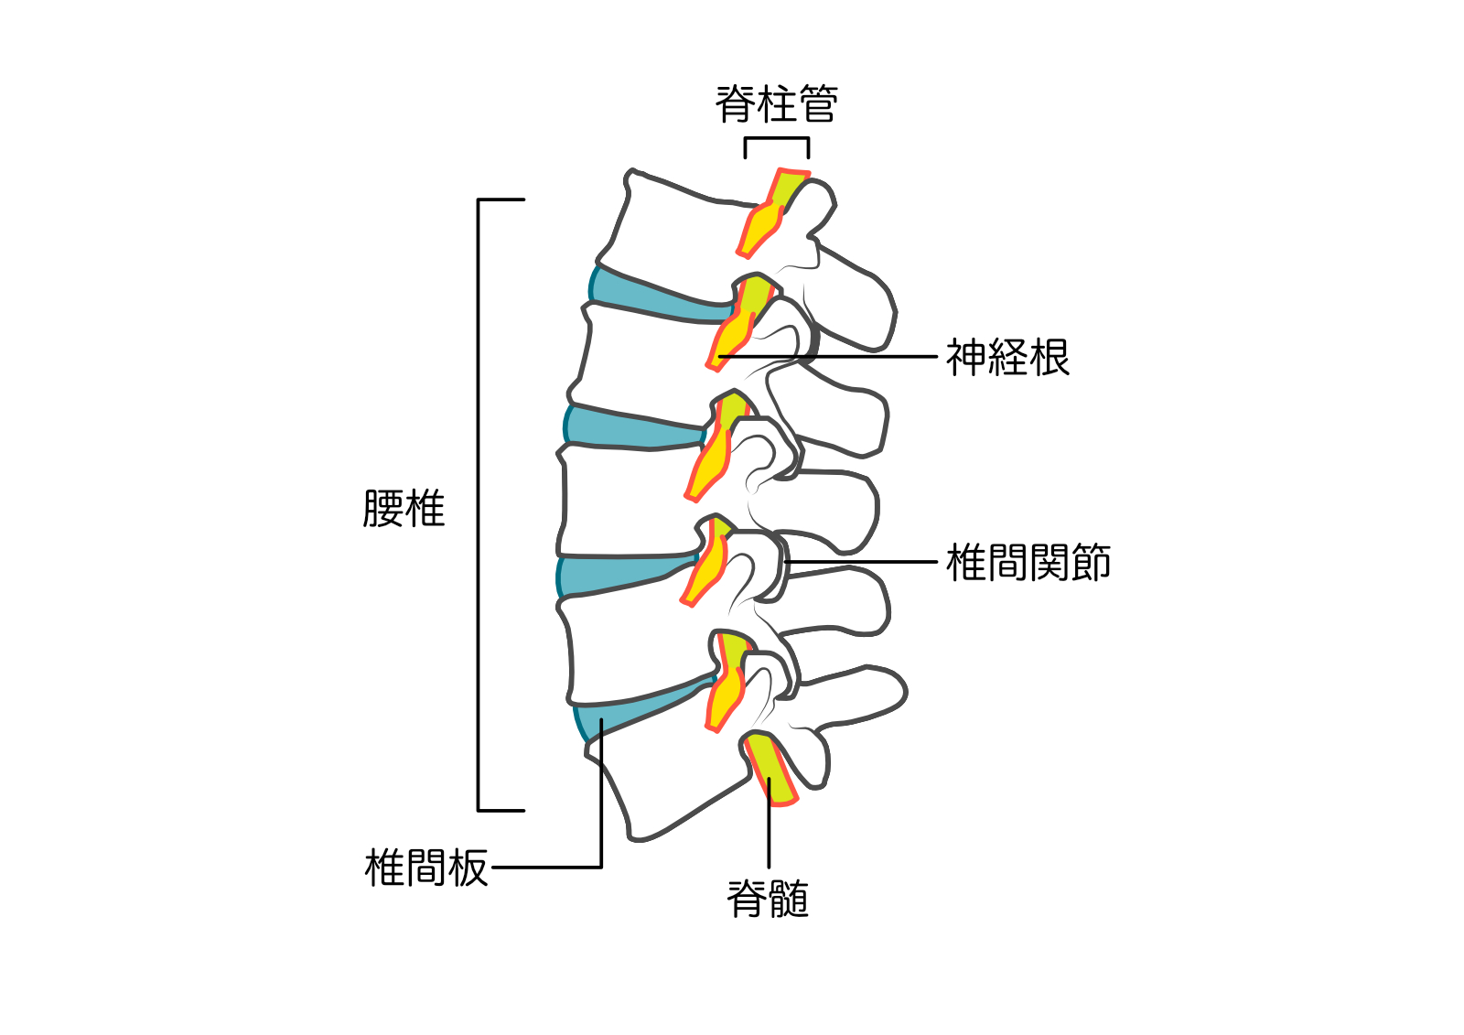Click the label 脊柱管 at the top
(x=776, y=103)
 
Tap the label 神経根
(x=1006, y=357)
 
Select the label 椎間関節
(x=1028, y=563)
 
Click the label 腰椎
(x=404, y=509)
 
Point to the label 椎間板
(x=425, y=868)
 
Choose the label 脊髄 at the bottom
(x=768, y=899)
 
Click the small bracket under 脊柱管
(x=776, y=139)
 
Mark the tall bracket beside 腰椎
(x=479, y=503)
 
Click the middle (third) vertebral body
(x=631, y=499)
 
